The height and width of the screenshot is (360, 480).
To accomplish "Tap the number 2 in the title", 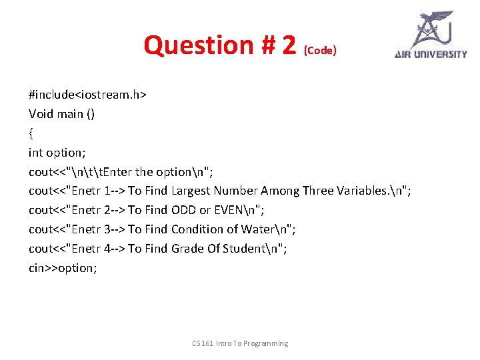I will coord(288,45).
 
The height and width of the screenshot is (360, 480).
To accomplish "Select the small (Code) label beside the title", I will coord(320,51).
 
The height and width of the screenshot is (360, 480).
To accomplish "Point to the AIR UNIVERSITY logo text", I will coord(431,55).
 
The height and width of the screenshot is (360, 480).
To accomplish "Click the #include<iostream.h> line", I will coord(87,95).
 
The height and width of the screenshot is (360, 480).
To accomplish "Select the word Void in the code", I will coord(41,114).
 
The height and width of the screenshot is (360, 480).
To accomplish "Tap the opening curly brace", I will coord(31,133).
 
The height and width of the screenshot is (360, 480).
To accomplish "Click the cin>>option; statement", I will coord(63,268).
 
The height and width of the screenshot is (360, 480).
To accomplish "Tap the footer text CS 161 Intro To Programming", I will coord(240,343).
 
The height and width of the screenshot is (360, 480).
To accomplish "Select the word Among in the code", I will coord(283,191).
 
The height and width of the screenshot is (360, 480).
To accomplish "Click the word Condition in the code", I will coord(197,229).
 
